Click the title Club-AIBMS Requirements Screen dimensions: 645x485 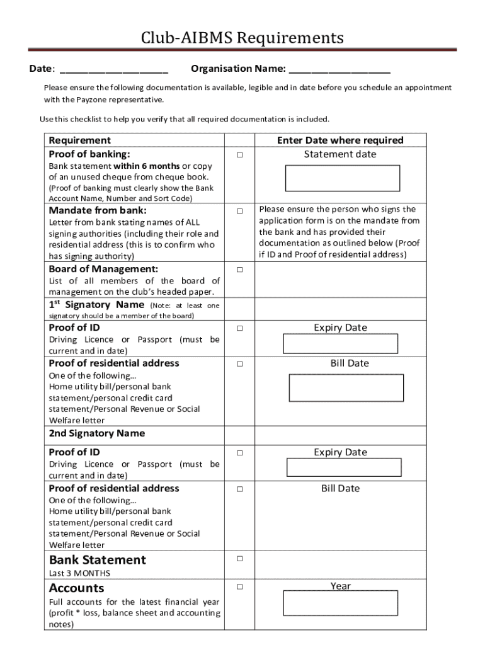243,38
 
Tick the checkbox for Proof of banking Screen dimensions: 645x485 239,155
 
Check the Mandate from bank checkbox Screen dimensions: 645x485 239,211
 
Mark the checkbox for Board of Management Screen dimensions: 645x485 239,270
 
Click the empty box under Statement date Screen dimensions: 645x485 342,178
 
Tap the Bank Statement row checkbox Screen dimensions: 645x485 239,559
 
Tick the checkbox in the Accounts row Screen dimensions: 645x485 239,586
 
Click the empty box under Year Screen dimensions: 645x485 340,603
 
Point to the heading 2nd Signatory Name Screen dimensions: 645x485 97,433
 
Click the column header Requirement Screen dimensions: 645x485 79,140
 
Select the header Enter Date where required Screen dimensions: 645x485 340,140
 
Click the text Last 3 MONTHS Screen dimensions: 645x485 79,573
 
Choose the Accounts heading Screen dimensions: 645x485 76,588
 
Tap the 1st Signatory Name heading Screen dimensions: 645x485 96,305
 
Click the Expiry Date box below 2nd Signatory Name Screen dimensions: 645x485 344,467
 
